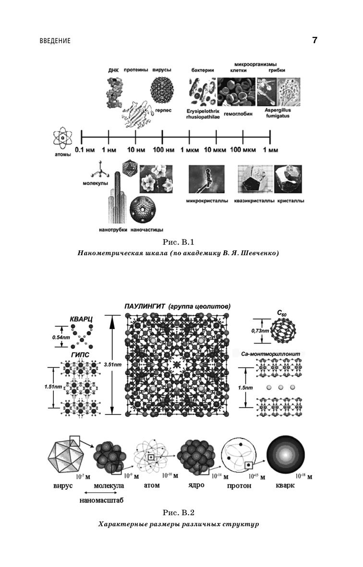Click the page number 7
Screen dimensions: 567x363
click(x=315, y=40)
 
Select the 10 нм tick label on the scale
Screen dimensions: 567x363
click(x=135, y=150)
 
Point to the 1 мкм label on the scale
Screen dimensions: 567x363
click(x=189, y=150)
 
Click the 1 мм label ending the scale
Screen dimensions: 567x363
click(x=270, y=150)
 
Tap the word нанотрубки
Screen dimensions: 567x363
click(x=113, y=230)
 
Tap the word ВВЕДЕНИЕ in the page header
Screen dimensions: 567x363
click(x=55, y=41)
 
